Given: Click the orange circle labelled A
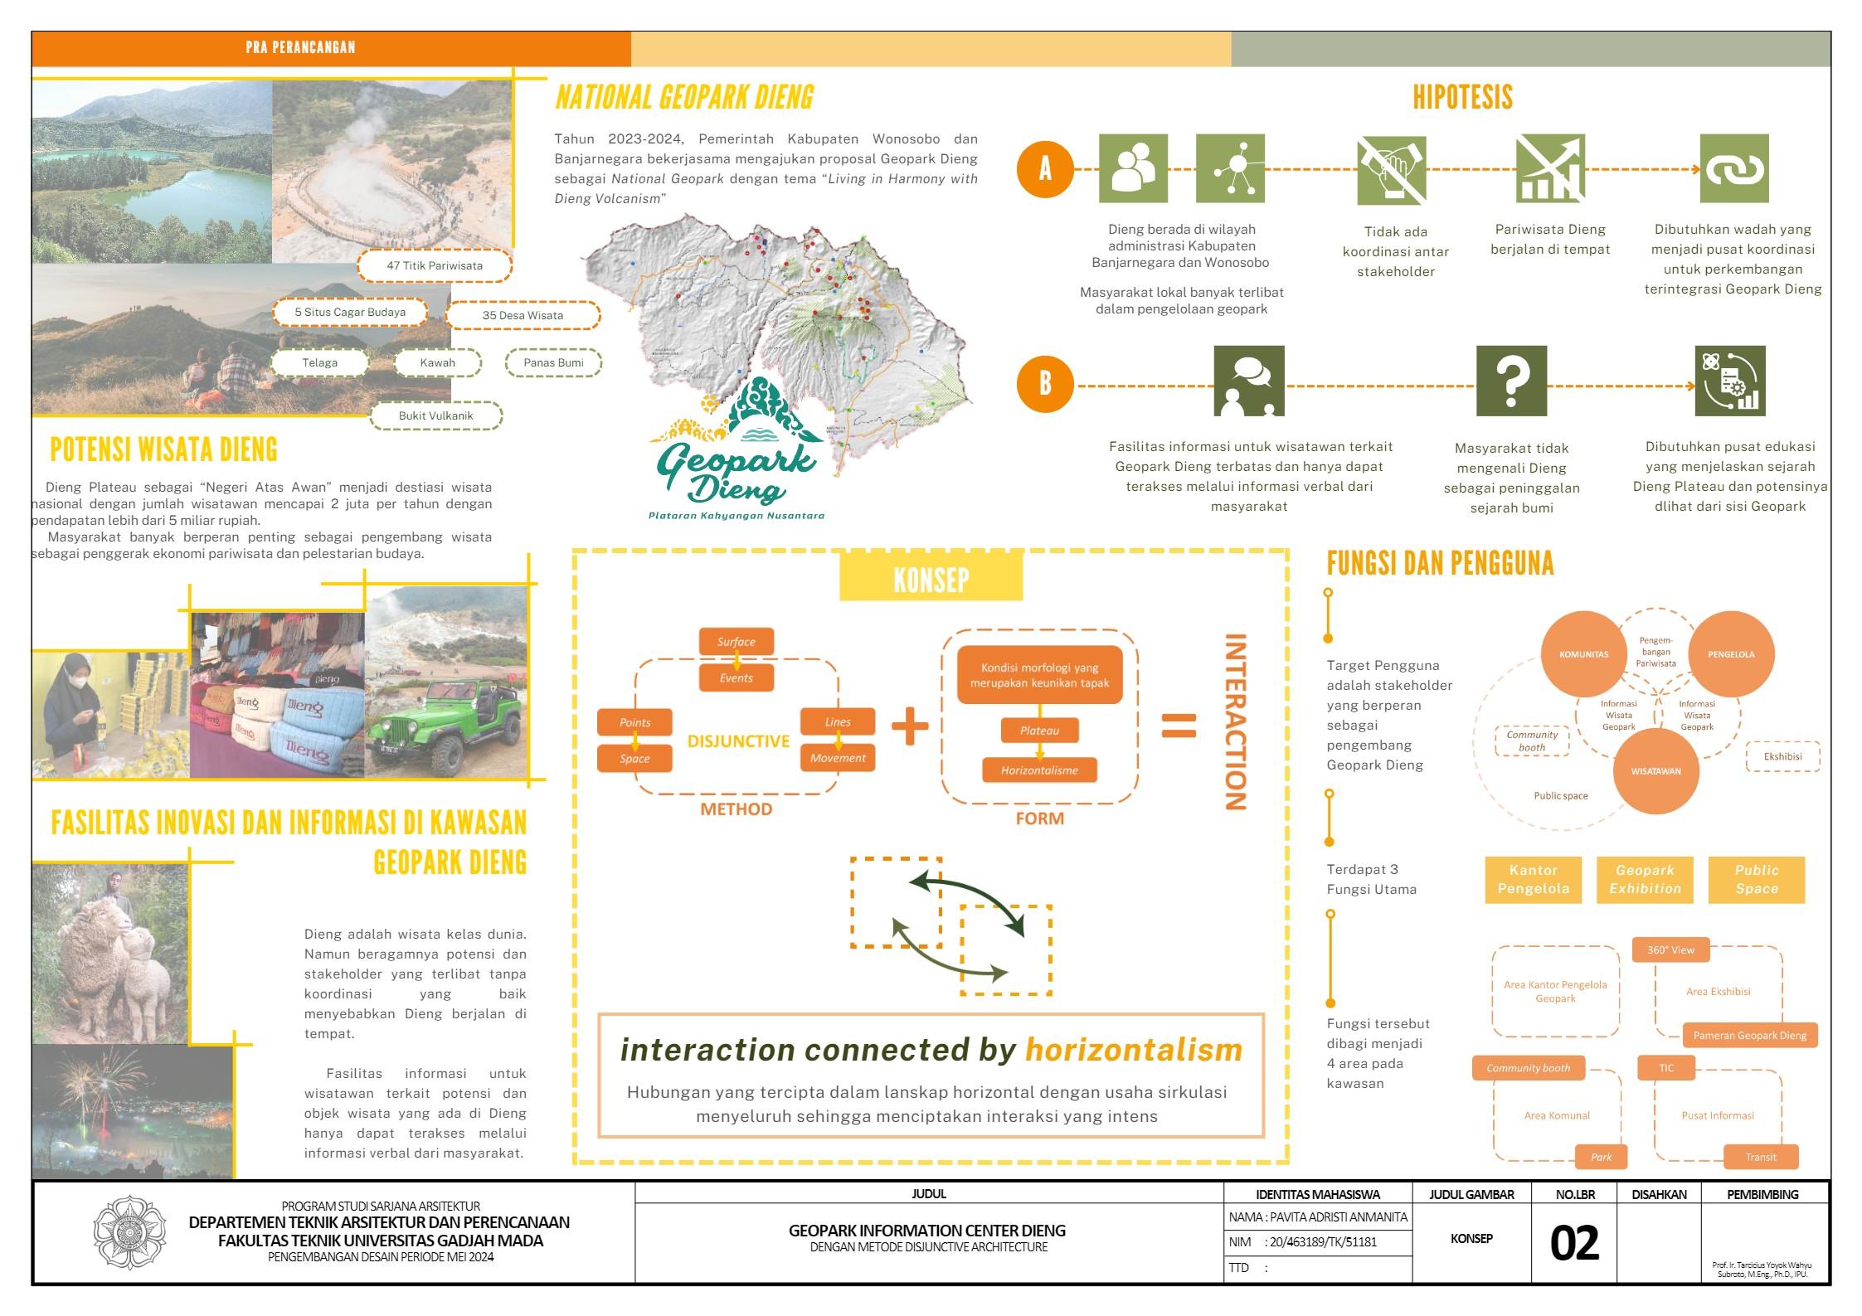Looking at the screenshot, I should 1045,169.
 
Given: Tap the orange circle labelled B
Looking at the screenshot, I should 1045,384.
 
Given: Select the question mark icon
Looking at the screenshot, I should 1511,381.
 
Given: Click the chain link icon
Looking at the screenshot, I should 1733,169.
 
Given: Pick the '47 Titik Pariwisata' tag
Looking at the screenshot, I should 435,266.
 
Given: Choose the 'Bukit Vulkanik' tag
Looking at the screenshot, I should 436,415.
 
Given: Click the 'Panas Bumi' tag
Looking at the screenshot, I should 553,362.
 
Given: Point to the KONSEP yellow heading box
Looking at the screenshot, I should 931,578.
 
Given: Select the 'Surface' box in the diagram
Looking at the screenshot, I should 736,641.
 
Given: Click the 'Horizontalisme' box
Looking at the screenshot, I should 1039,770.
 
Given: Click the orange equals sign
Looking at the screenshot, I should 1179,726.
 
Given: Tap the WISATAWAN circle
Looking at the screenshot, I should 1655,771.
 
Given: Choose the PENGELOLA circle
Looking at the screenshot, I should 1731,654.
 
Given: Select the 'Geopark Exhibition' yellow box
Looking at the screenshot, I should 1645,880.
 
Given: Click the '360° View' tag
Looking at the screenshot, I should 1670,949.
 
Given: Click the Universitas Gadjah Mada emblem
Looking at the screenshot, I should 130,1233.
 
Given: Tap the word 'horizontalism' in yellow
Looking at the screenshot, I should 1134,1050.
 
